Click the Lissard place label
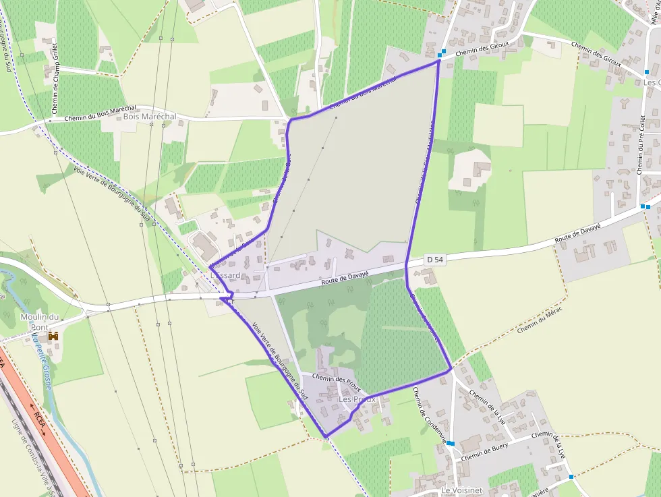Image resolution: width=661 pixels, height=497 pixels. pyautogui.click(x=225, y=276)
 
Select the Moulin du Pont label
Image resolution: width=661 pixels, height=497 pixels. pyautogui.click(x=40, y=322)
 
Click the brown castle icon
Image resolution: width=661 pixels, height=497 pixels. pyautogui.click(x=53, y=335)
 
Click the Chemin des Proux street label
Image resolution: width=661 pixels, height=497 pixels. pyautogui.click(x=337, y=384)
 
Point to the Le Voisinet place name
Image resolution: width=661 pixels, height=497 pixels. pyautogui.click(x=462, y=490)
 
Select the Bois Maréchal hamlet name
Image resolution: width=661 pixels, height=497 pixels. pyautogui.click(x=150, y=117)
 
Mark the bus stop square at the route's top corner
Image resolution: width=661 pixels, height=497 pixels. pyautogui.click(x=440, y=54)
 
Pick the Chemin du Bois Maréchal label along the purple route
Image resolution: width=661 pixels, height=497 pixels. pyautogui.click(x=364, y=92)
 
